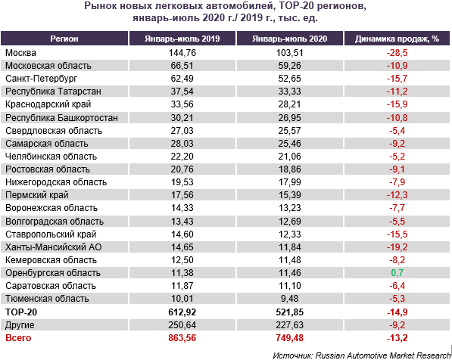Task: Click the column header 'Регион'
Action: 64,39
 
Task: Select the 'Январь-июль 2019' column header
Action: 182,39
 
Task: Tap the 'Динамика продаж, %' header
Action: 397,39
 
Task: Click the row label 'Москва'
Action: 20,53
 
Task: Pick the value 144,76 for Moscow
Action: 182,53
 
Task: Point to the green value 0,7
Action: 397,273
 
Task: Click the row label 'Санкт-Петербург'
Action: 41,79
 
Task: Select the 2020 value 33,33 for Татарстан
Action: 289,92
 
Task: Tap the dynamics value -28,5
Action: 397,53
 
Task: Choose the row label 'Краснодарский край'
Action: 48,104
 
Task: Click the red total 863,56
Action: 182,338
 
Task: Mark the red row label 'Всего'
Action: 18,338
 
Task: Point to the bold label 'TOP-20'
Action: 21,312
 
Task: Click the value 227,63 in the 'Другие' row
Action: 289,325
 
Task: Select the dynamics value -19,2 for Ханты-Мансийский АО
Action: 397,247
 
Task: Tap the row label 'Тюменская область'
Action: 47,299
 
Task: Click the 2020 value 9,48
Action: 289,299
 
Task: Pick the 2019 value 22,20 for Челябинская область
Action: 182,157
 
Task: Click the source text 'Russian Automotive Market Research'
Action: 383,355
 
